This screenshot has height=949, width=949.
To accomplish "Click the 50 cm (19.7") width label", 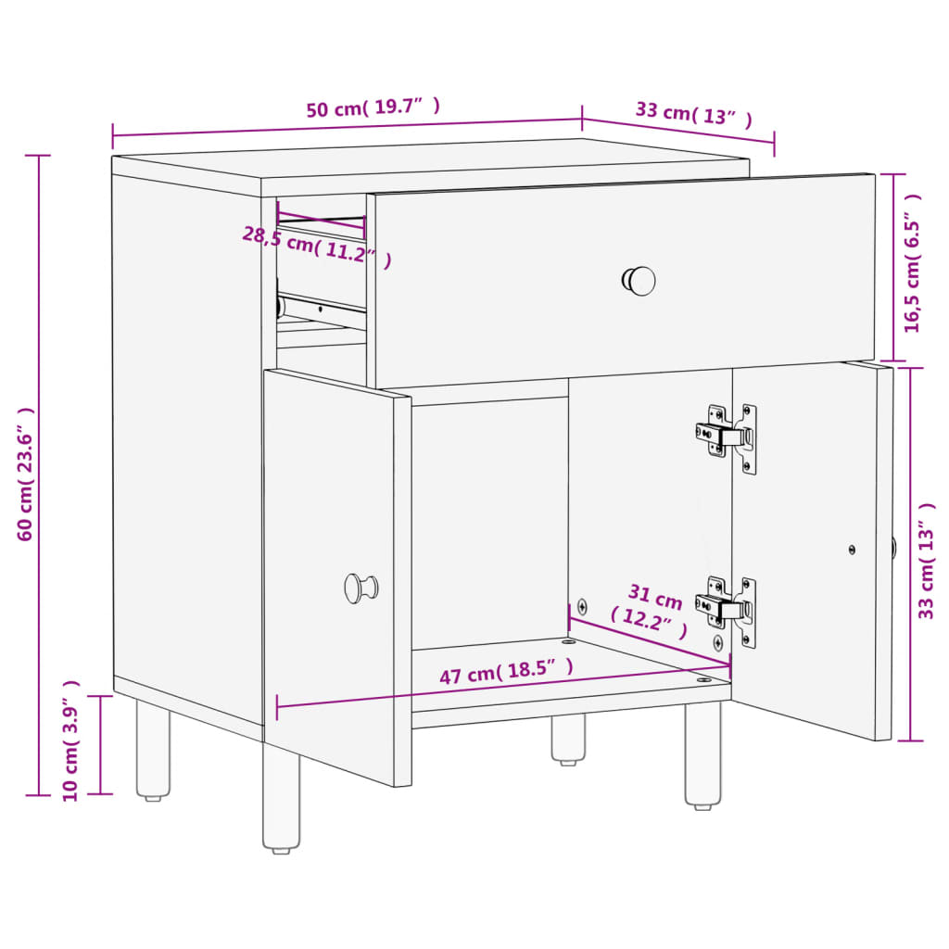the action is coord(373,108).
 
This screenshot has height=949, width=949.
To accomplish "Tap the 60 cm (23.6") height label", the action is coord(25,474).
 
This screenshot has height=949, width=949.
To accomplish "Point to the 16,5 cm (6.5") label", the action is coord(912,264).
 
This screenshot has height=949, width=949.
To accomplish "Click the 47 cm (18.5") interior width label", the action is coord(506,672).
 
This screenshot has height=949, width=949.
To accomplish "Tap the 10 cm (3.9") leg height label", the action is coord(70,740).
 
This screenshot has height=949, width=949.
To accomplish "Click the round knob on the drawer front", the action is coord(639,281).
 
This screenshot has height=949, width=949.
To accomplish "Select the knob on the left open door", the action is coord(361,588).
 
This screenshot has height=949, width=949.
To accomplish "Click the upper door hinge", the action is coord(727,437).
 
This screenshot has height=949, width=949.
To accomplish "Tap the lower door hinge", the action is coord(727,610).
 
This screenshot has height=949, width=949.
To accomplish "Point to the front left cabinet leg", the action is coord(280,797).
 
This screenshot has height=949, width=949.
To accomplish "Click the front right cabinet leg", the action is coord(702,755).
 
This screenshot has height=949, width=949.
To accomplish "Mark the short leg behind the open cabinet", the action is coord(568,740).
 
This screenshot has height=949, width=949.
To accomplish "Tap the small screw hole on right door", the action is coord(853,550).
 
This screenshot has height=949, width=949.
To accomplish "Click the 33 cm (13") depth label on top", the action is coord(693,113).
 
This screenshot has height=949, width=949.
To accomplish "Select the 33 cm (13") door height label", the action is coord(926,560).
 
